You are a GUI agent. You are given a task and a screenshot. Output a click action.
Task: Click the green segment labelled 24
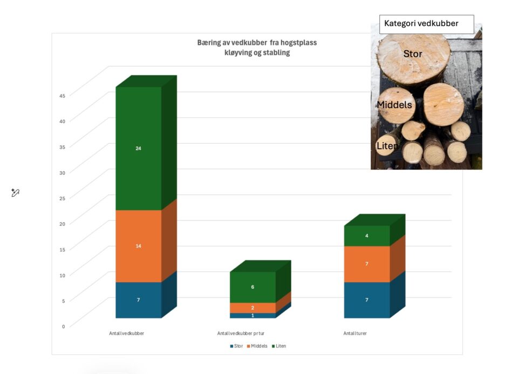coord(139,148)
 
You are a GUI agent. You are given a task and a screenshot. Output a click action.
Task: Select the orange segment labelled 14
coord(139,246)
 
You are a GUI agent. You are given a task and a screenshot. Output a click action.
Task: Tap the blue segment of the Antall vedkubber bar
coord(139,299)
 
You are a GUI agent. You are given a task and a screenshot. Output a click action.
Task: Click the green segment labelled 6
coord(253,287)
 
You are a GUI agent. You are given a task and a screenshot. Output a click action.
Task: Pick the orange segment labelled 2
coord(253,308)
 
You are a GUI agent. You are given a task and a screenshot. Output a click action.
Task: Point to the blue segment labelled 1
coord(253,315)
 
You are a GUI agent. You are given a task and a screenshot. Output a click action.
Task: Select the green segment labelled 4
coord(367,236)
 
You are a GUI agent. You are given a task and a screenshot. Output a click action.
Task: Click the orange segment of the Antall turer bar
coord(367,264)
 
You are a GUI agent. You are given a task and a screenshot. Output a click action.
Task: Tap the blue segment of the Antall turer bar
coord(367,299)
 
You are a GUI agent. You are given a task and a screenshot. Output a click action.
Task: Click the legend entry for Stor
coord(237,346)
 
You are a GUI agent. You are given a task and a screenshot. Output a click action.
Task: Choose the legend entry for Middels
coord(257,346)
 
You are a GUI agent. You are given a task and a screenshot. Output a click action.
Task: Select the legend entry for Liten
coord(279,346)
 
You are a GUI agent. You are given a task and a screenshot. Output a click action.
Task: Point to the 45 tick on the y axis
coord(62,96)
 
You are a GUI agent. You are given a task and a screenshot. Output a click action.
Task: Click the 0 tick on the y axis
coord(63,326)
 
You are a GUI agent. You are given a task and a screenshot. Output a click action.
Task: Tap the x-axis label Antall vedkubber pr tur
coord(241,333)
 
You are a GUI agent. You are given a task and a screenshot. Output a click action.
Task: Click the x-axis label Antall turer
coord(355,333)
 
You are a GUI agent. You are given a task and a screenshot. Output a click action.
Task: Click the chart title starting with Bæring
coord(257,48)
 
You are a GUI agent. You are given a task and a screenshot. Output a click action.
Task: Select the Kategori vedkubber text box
coord(426,24)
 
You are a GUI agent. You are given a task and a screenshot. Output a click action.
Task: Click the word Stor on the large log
coord(413,54)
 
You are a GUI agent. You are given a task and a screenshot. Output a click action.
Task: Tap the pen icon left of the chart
coord(15,192)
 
